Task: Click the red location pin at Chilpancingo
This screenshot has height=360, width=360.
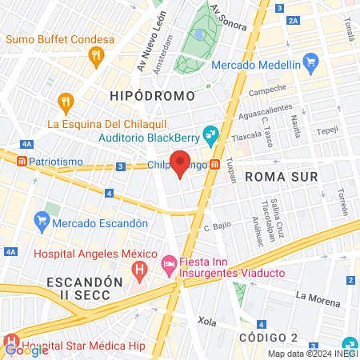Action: click(x=181, y=163)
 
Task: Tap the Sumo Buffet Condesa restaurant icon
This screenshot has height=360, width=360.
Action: click(x=96, y=56)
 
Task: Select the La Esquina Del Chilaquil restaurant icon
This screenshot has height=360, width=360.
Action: click(x=66, y=102)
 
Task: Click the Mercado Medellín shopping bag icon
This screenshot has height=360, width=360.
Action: click(x=312, y=62)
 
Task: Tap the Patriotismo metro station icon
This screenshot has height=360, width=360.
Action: click(x=22, y=161)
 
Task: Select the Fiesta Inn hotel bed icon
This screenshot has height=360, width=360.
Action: click(x=169, y=262)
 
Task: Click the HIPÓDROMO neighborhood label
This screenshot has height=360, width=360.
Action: click(x=152, y=96)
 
